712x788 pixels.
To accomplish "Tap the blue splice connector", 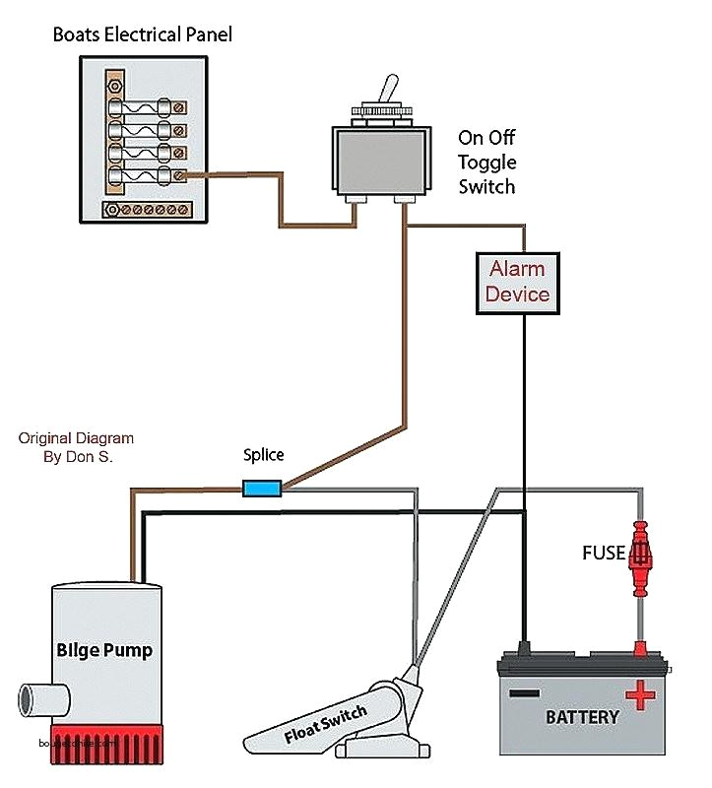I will point(262,487).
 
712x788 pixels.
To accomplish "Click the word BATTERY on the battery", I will point(582,717).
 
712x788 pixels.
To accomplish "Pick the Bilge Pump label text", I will point(104,651).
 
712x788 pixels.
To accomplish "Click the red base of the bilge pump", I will point(105,748).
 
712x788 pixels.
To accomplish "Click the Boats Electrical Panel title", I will point(142,36).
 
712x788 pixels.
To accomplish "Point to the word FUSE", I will point(603,554).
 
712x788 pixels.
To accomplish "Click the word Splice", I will point(263,455).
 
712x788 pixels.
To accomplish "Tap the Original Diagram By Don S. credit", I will point(76,447).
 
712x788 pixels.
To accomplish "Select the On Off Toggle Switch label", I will point(486,162).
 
